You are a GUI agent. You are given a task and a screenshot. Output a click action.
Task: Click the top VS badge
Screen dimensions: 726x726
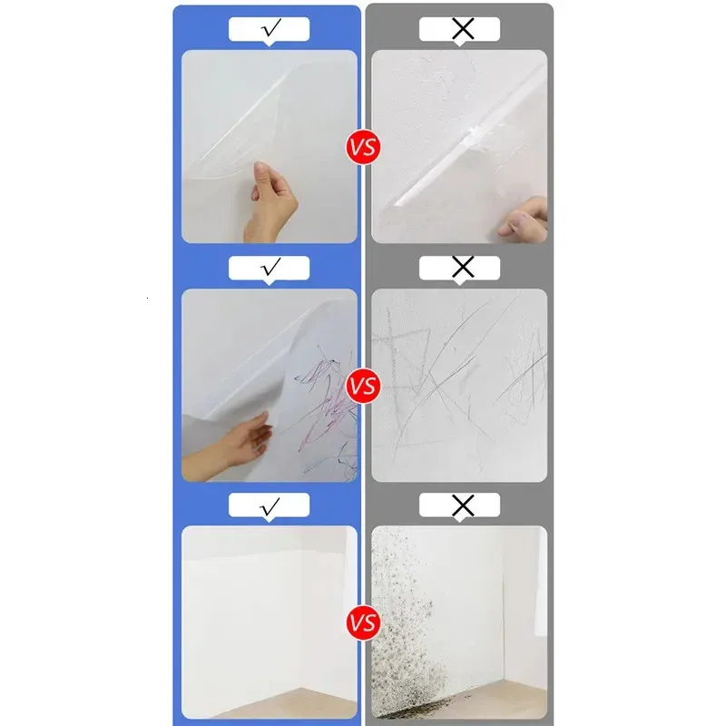364,147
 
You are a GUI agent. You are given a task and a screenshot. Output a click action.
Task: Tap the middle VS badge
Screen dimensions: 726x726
364,386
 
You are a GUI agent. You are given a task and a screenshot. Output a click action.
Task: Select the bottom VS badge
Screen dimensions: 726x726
364,623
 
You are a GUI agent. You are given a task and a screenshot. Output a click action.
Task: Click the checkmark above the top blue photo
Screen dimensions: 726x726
270,28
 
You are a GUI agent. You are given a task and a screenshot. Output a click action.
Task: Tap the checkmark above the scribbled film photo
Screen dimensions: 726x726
270,266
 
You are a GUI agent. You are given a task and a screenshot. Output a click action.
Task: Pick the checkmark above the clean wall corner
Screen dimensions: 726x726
270,506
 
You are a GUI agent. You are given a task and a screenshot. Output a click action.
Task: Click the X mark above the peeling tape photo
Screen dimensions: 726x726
463,29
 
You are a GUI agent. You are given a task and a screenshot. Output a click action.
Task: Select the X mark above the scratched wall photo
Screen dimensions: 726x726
463,267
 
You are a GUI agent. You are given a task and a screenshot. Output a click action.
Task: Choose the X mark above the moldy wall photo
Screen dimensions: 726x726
463,505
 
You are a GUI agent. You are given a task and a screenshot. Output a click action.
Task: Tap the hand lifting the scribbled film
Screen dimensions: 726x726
231,446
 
